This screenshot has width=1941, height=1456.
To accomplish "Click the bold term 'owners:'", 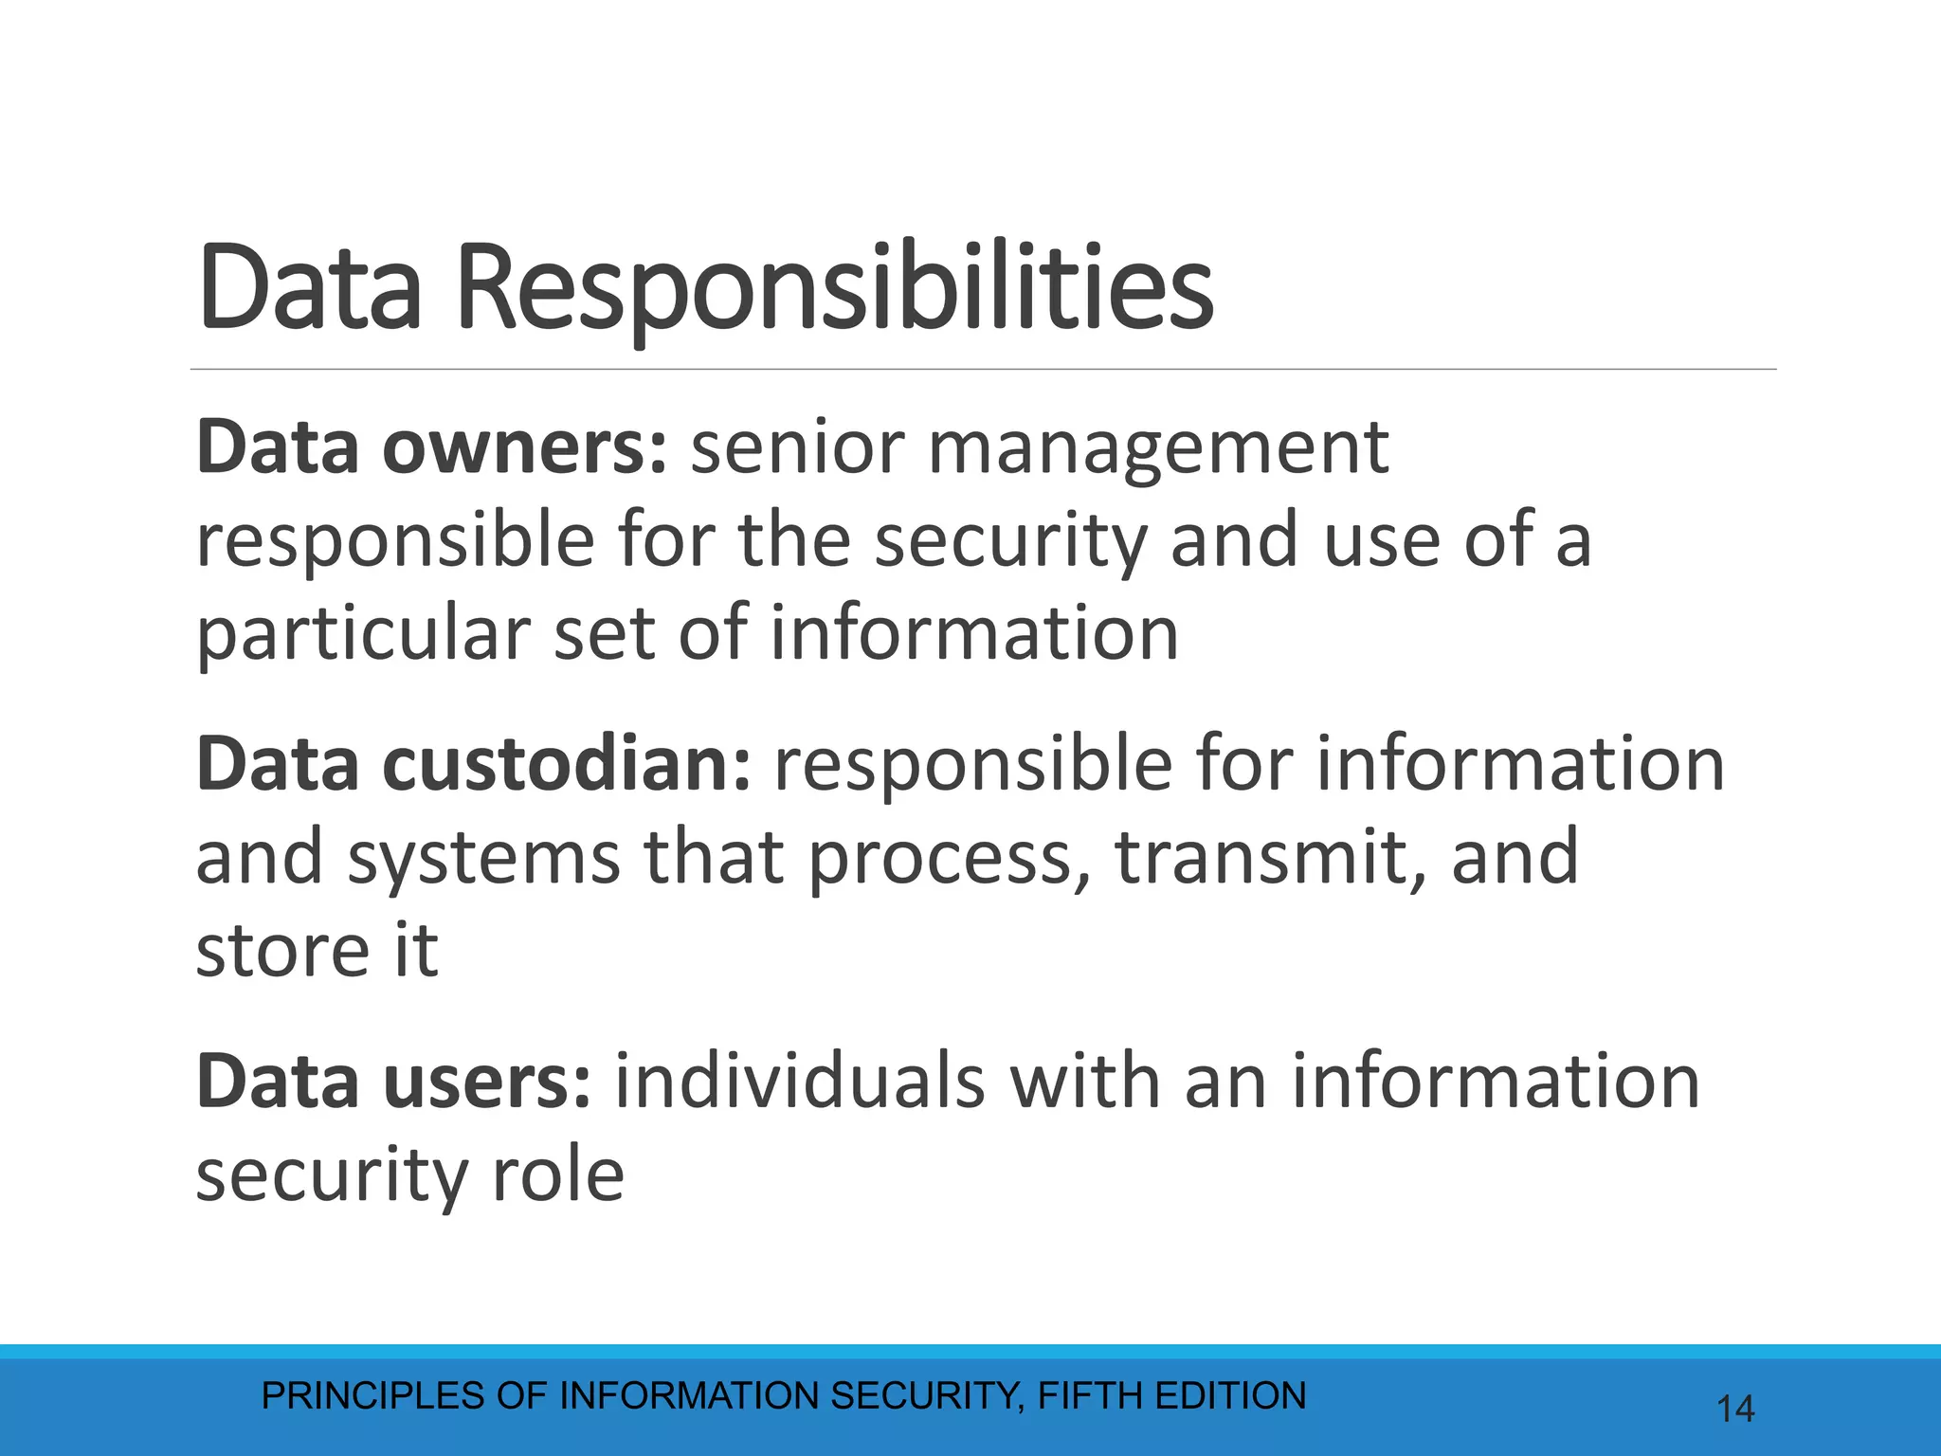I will click(x=525, y=447).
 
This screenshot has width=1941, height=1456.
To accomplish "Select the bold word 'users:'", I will click(x=487, y=1082).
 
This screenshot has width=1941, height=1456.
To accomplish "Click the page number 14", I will click(x=1735, y=1410).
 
